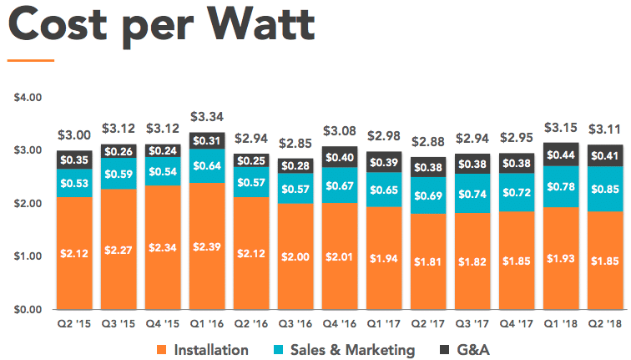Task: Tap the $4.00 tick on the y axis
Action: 28,98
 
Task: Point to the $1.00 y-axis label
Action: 28,256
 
